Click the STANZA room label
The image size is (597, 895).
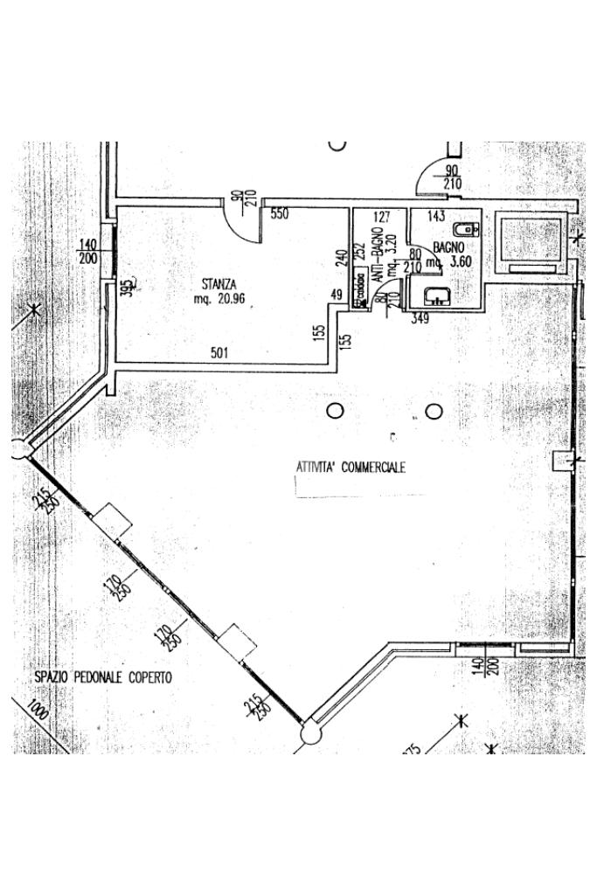(217, 283)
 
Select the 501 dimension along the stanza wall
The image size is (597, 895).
(219, 353)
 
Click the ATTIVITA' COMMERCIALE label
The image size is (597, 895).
(351, 468)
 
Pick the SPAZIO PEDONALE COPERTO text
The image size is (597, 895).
(103, 677)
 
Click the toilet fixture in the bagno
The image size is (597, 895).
(469, 230)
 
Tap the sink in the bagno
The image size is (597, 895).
(435, 295)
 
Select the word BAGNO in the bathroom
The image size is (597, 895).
(448, 248)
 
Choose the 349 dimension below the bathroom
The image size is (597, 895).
(420, 319)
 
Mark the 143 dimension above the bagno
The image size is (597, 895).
(436, 216)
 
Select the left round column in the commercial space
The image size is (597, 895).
(334, 410)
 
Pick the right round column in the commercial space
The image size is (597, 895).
(432, 411)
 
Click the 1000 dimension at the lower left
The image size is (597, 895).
(37, 707)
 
